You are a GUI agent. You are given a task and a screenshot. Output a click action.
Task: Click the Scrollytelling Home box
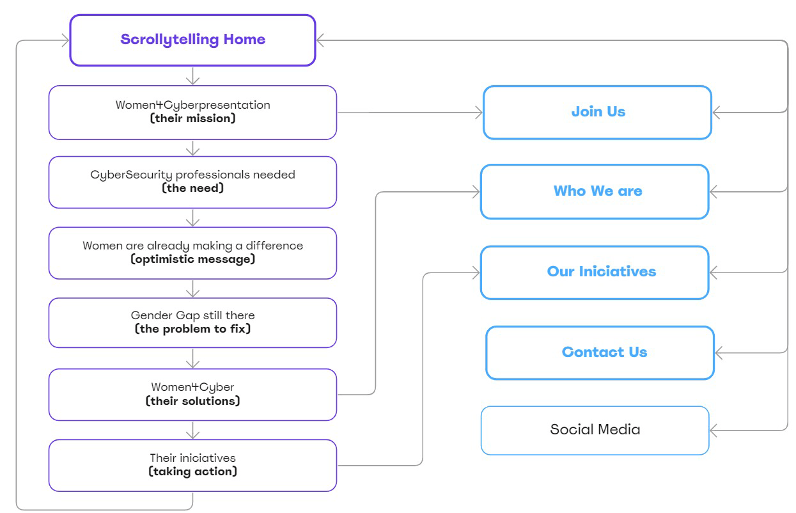pos(192,40)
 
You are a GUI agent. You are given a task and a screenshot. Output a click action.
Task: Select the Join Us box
pos(597,112)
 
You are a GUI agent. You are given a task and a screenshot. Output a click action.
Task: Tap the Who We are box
pos(595,191)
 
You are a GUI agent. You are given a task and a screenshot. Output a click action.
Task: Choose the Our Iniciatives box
pos(595,272)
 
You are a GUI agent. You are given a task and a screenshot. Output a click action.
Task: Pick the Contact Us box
pos(600,352)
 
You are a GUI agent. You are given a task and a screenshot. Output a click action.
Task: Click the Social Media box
pos(595,430)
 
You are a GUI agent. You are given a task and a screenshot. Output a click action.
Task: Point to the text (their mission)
pos(192,118)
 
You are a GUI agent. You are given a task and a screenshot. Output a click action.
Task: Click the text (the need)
pos(192,189)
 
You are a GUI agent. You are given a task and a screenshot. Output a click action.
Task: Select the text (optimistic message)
pos(192,259)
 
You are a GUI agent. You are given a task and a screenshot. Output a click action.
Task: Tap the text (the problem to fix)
pos(192,329)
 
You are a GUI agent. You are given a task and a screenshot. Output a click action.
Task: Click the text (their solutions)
pos(192,401)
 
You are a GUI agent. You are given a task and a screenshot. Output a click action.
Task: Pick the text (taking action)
pos(192,471)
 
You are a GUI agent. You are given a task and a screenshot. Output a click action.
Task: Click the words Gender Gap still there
pos(192,315)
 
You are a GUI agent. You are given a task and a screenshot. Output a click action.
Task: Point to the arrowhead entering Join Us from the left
pos(478,113)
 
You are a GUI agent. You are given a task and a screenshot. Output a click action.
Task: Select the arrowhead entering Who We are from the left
pos(475,191)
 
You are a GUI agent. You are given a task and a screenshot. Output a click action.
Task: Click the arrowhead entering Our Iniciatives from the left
pos(475,273)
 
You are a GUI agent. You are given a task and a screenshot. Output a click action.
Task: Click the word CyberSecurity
pos(132,175)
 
